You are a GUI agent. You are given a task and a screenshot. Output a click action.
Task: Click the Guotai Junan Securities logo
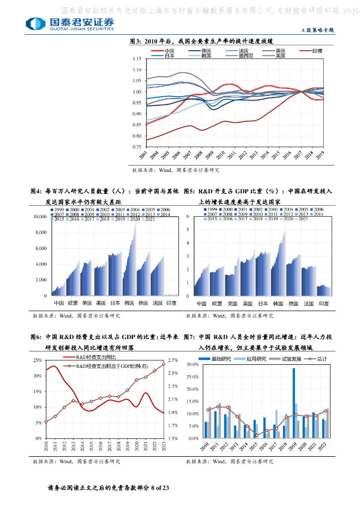pos(70,23)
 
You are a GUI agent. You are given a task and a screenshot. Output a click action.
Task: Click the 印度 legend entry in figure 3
pos(317,51)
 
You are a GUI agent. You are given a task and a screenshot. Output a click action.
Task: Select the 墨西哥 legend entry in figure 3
pos(245,56)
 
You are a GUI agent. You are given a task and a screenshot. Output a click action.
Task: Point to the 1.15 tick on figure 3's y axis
pos(137,59)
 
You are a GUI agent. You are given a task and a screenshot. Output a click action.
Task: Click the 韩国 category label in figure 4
pos(129,303)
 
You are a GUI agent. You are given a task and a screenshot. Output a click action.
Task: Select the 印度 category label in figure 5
pos(324,303)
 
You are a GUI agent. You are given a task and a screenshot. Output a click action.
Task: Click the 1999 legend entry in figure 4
pos(59,210)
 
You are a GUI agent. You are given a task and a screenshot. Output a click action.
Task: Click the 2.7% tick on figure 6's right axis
pos(173,360)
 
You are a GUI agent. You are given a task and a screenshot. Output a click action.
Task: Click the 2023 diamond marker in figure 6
pos(164,364)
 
